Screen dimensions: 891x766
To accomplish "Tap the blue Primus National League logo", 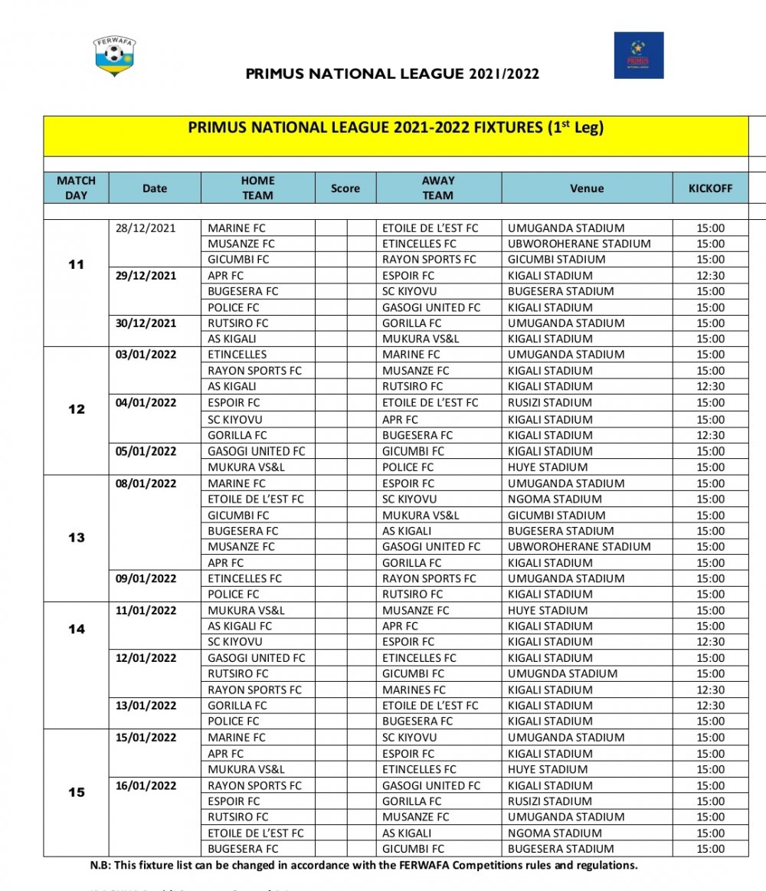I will point(638,55).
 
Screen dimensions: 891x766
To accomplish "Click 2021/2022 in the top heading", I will point(504,74).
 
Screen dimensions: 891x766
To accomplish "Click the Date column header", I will point(154,188).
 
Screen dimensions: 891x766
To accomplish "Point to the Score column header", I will point(345,188).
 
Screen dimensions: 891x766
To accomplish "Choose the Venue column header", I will point(587,188).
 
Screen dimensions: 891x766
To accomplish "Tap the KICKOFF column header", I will point(710,188).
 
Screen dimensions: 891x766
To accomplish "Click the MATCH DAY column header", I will point(77,188).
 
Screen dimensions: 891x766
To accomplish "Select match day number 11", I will point(77,265).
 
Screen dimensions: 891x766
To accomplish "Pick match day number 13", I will point(77,538).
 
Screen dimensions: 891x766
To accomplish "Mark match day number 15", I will point(77,792).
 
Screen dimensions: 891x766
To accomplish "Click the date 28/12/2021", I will point(146,228).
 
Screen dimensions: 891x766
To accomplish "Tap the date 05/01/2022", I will point(146,451).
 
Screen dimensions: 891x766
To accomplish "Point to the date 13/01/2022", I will point(146,706).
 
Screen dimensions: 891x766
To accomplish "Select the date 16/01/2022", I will point(146,785).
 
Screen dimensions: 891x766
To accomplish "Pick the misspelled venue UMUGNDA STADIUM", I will point(562,673).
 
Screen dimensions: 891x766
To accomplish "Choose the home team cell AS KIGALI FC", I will point(240,626).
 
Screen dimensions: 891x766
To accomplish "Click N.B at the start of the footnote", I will point(100,865).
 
